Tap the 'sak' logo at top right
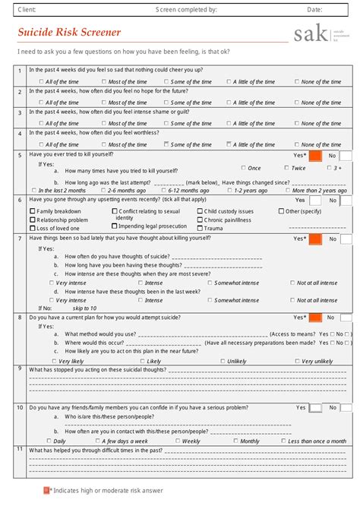(310, 33)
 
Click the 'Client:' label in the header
(27, 10)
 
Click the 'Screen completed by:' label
(186, 10)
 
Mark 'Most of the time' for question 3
(103, 123)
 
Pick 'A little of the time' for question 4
(229, 144)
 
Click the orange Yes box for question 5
(316, 155)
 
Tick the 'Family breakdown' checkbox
(33, 211)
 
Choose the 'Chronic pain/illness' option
(201, 220)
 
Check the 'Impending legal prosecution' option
(115, 226)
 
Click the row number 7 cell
(20, 239)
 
